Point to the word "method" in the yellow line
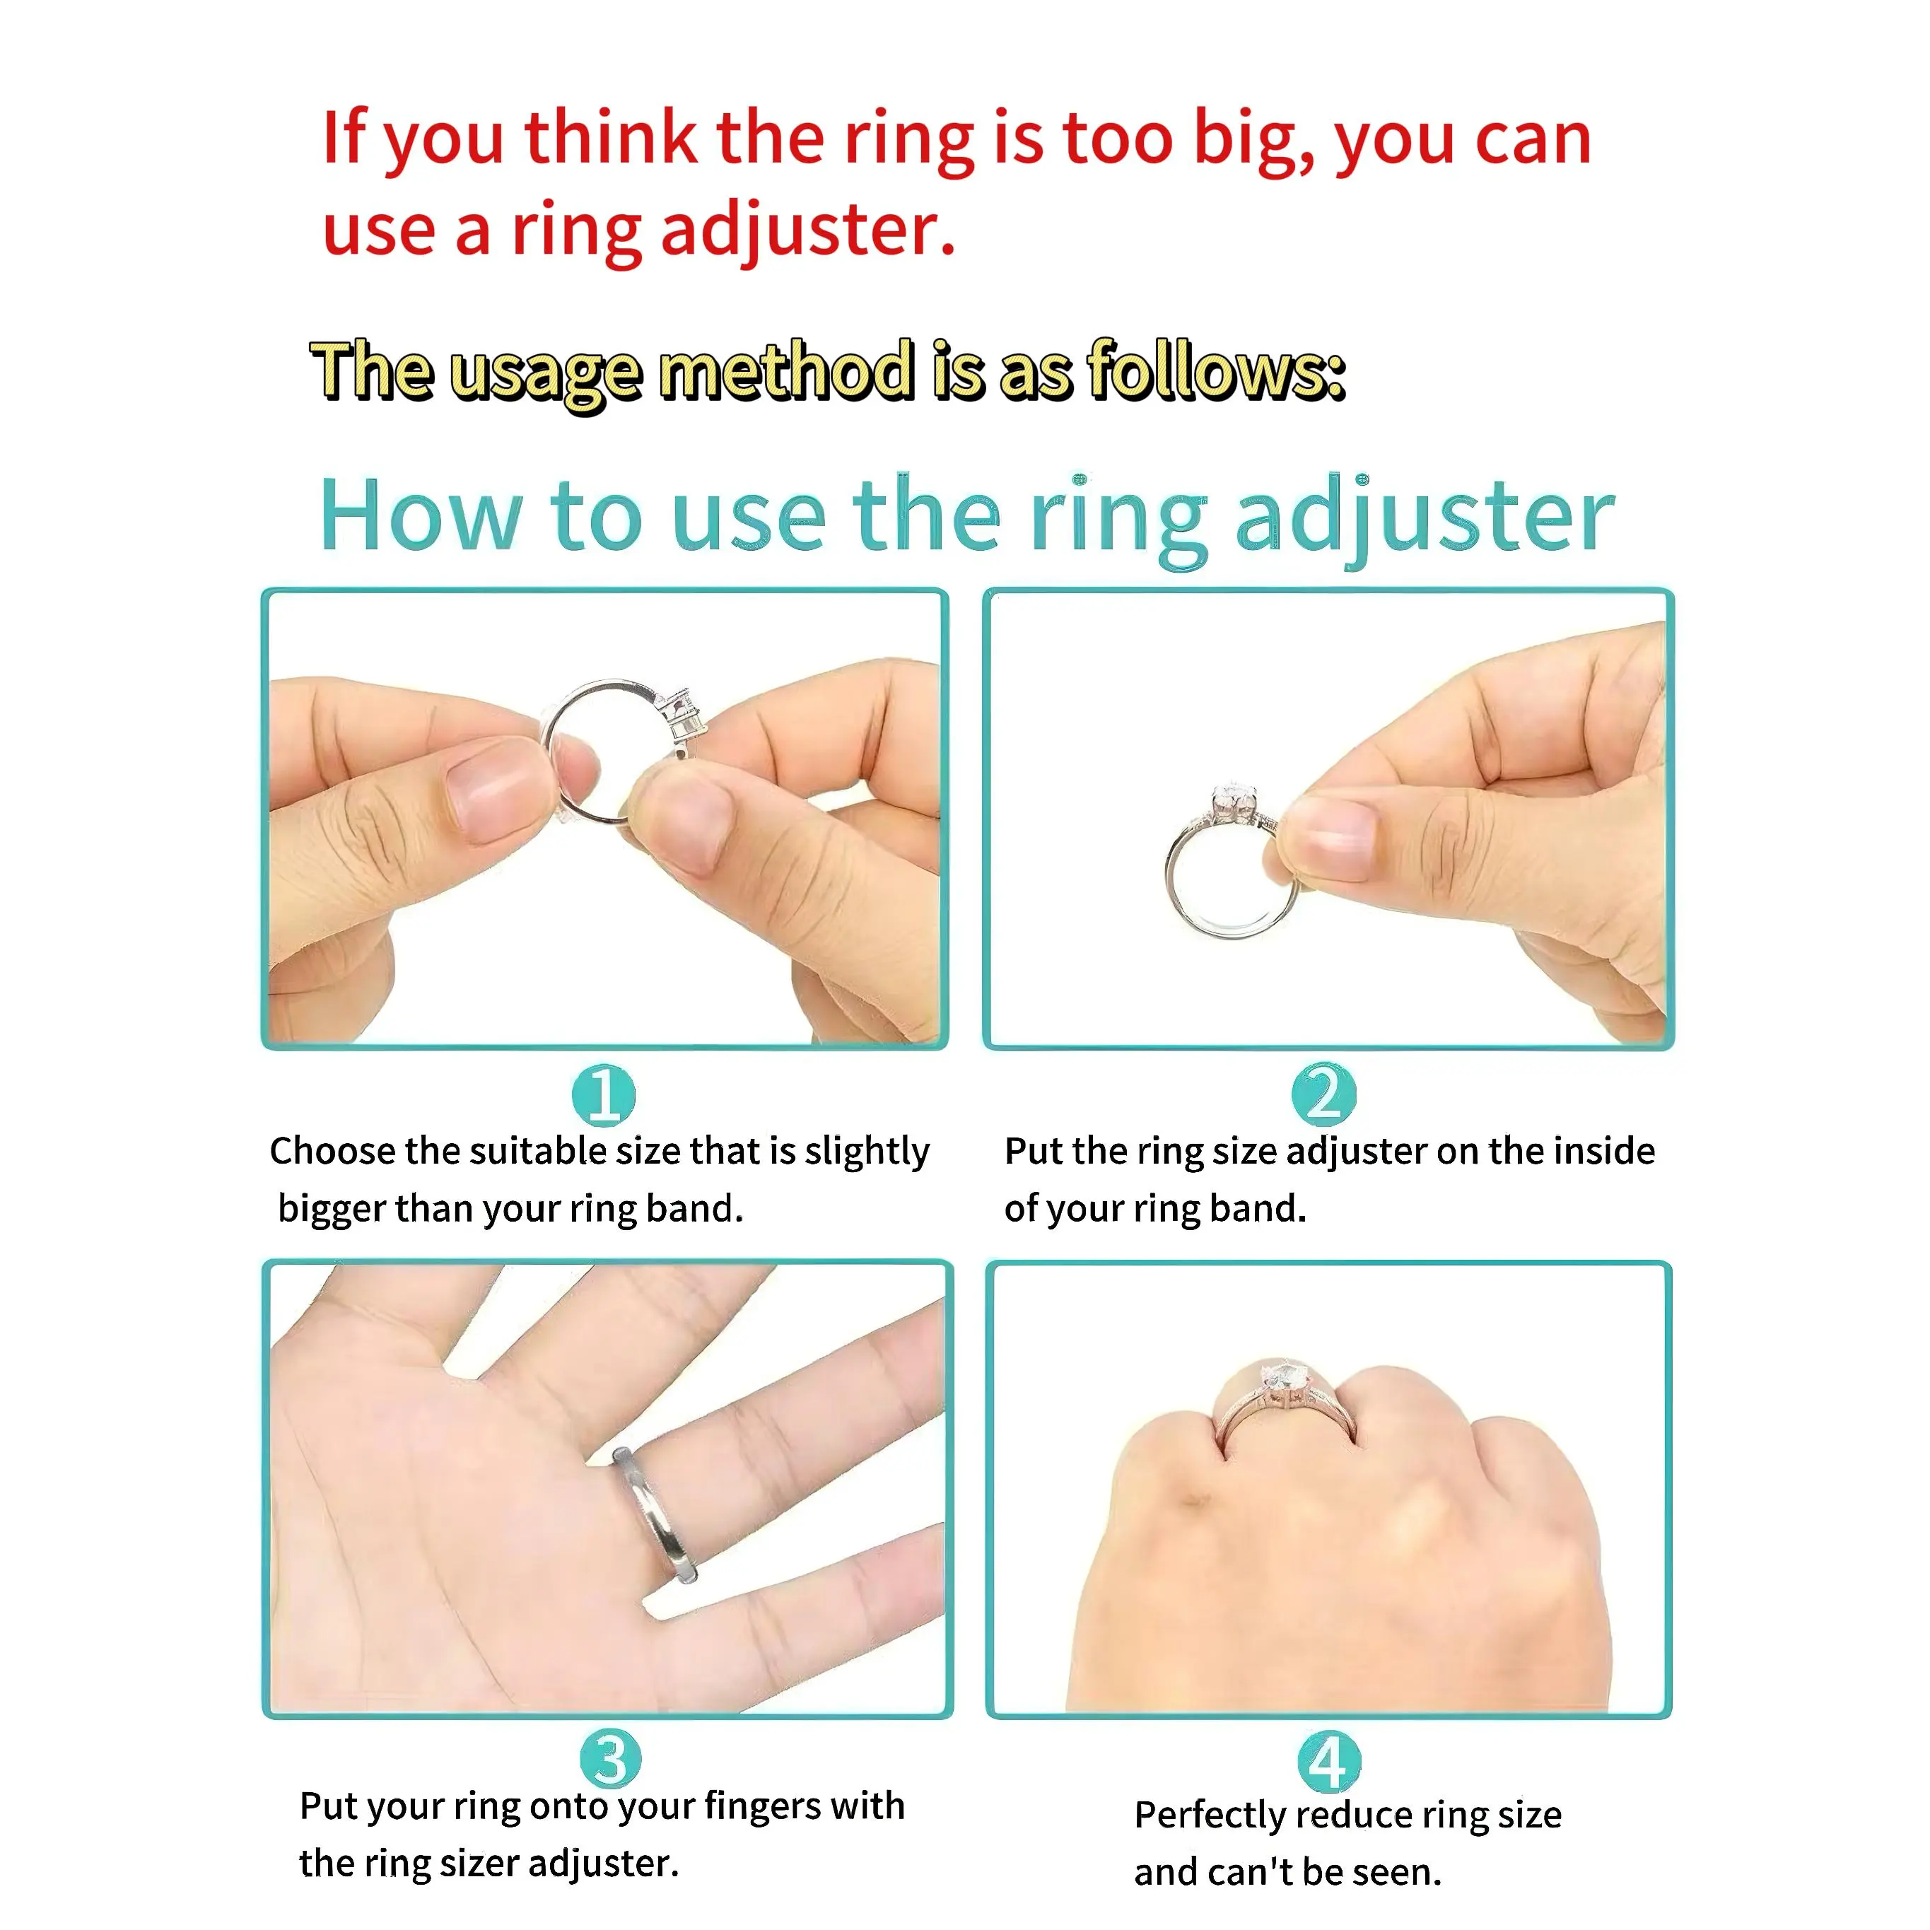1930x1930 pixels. coord(787,370)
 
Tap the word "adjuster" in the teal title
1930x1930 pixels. coord(1425,520)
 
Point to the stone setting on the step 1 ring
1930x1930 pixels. coord(682,716)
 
